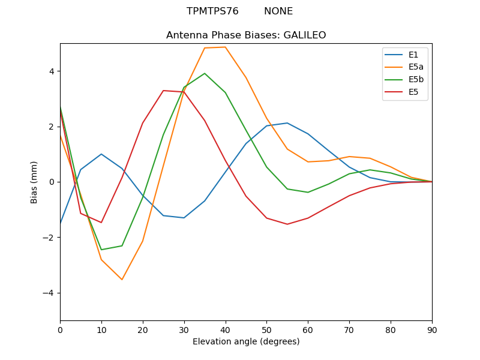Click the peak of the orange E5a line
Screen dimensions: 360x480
225,47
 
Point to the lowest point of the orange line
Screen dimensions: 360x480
122,280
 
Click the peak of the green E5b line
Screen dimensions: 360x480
205,73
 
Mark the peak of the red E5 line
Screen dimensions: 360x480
163,91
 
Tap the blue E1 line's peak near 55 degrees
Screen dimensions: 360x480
287,123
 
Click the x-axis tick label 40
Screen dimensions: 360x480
225,329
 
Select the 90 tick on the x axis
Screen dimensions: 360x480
432,329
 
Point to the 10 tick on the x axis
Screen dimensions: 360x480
101,329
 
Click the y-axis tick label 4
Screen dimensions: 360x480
52,71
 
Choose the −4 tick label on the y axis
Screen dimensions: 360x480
49,293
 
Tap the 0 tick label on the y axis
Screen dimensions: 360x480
52,182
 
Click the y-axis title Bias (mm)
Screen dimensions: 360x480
35,182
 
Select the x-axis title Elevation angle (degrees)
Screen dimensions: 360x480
246,342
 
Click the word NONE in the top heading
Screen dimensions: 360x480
278,11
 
